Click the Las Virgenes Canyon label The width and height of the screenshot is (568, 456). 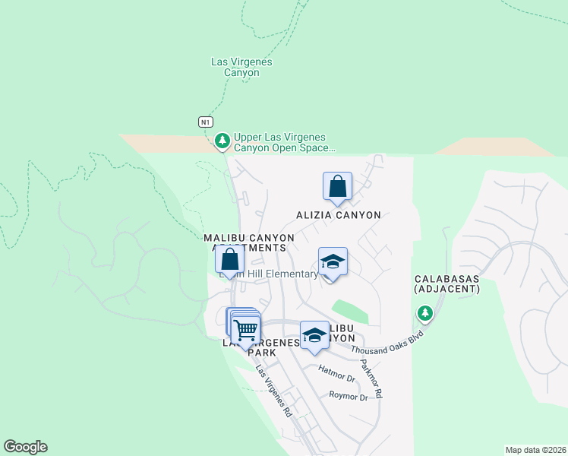pyautogui.click(x=241, y=67)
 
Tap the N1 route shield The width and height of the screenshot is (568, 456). pyautogui.click(x=206, y=122)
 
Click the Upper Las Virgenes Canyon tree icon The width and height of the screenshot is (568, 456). pyautogui.click(x=222, y=141)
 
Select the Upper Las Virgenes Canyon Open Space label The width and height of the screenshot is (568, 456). pyautogui.click(x=284, y=143)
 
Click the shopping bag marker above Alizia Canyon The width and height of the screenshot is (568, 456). pyautogui.click(x=337, y=186)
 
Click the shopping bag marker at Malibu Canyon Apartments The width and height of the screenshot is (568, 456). pyautogui.click(x=229, y=258)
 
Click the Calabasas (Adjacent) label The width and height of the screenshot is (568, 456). pyautogui.click(x=447, y=283)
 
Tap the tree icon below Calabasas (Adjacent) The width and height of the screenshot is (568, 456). pyautogui.click(x=424, y=313)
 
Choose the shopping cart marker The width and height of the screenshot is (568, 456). pyautogui.click(x=245, y=330)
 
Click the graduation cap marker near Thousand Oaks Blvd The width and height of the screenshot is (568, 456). pyautogui.click(x=314, y=335)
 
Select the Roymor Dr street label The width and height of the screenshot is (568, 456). pyautogui.click(x=348, y=396)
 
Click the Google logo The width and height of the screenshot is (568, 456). pyautogui.click(x=25, y=447)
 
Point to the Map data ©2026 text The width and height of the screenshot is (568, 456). pyautogui.click(x=535, y=450)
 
